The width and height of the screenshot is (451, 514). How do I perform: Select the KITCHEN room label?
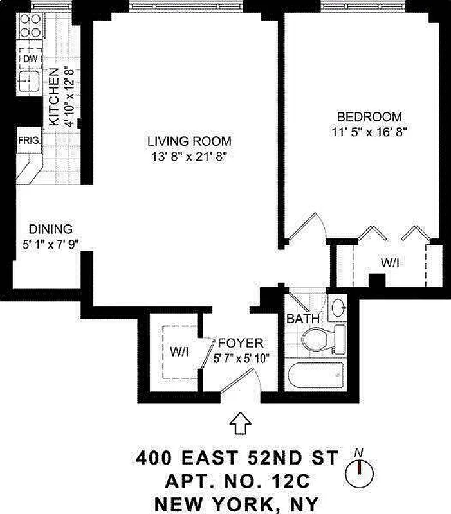pyautogui.click(x=55, y=96)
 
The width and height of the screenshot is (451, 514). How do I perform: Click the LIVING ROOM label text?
pyautogui.click(x=189, y=141)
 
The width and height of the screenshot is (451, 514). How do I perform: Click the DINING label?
pyautogui.click(x=51, y=229)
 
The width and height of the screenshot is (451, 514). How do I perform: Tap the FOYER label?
pyautogui.click(x=240, y=343)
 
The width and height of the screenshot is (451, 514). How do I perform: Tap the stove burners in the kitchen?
pyautogui.click(x=29, y=26)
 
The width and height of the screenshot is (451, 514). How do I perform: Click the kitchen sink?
pyautogui.click(x=28, y=80)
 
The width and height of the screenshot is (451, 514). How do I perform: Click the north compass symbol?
pyautogui.click(x=359, y=472)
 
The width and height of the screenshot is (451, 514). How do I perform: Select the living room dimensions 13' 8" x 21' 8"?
pyautogui.click(x=189, y=156)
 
